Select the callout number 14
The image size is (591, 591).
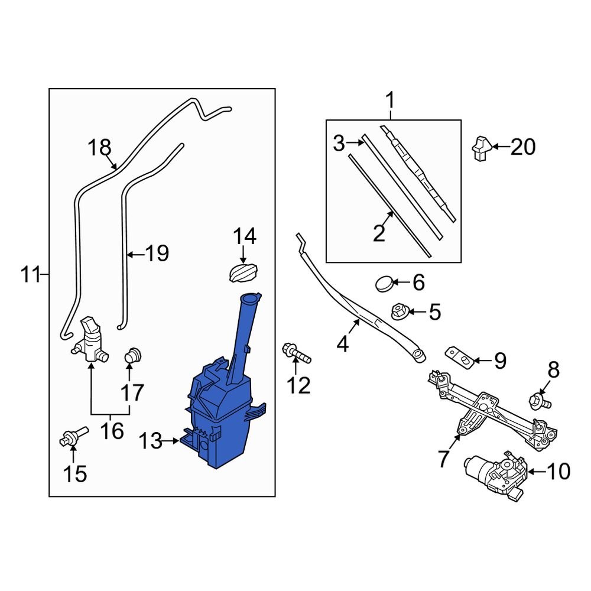[x=244, y=237]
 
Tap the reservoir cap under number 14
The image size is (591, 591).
[x=242, y=274]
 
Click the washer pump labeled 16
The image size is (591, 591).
[x=89, y=340]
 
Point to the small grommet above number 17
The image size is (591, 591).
[x=134, y=356]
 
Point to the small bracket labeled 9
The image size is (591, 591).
[x=459, y=356]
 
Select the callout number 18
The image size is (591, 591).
[x=99, y=147]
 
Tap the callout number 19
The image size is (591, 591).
[x=157, y=255]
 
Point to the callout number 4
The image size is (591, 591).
[x=343, y=343]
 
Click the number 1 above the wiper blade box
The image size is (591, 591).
[x=389, y=101]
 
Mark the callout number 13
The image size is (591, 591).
[x=150, y=441]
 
